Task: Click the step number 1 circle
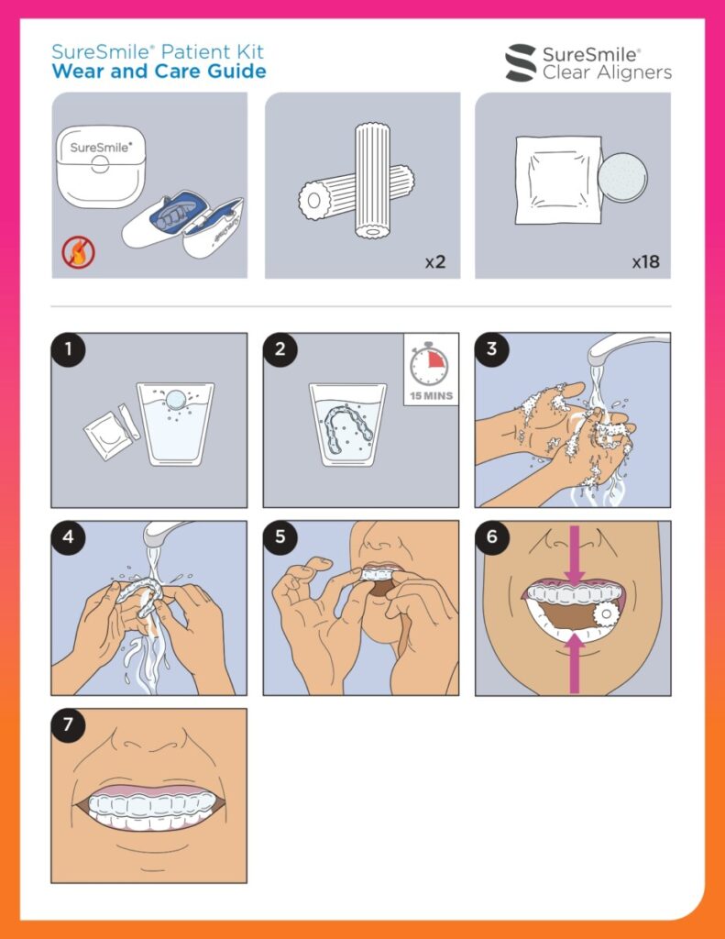(68, 349)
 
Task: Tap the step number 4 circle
(68, 537)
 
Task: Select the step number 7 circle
(68, 725)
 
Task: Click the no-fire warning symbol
(79, 253)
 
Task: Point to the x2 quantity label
(435, 262)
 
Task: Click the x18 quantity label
(646, 261)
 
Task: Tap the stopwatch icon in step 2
(429, 364)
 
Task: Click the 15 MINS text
(431, 396)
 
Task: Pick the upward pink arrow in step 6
(575, 663)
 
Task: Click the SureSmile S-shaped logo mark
(521, 62)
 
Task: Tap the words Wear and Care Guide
(159, 72)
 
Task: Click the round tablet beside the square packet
(623, 177)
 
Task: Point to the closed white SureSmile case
(101, 166)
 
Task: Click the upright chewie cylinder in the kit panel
(373, 181)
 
